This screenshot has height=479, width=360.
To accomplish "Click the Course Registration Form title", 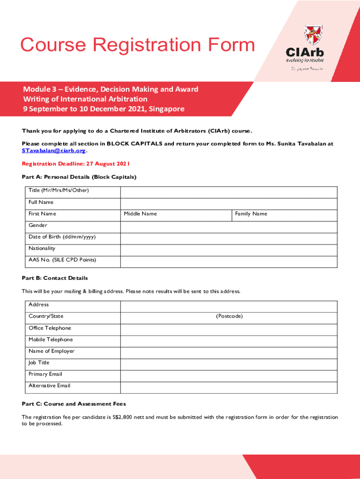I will [x=137, y=45].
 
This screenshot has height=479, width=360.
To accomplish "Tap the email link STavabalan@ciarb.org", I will [x=54, y=151].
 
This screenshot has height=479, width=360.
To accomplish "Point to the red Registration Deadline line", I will [x=76, y=164].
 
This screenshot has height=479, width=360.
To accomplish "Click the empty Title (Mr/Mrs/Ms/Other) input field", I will [x=229, y=192].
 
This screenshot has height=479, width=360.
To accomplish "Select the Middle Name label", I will [x=140, y=214].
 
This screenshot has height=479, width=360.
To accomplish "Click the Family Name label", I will [x=251, y=214].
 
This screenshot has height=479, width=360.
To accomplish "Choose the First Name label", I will [x=42, y=214].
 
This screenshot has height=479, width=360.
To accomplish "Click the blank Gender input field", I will [x=229, y=227].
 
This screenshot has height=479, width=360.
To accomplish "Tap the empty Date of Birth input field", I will [x=229, y=239].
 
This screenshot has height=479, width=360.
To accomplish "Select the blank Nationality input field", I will [x=229, y=250].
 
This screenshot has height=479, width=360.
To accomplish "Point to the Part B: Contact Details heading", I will [x=55, y=278].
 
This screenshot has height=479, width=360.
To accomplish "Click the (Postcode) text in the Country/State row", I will [x=229, y=316].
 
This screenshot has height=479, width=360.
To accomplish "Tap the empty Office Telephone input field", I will [x=229, y=330].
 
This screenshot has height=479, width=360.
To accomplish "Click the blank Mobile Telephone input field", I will [x=229, y=341].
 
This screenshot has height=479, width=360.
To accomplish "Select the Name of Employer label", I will [x=51, y=351].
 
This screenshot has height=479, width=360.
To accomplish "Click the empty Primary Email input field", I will [x=229, y=376].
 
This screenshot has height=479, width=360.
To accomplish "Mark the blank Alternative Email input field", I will [x=229, y=387].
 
